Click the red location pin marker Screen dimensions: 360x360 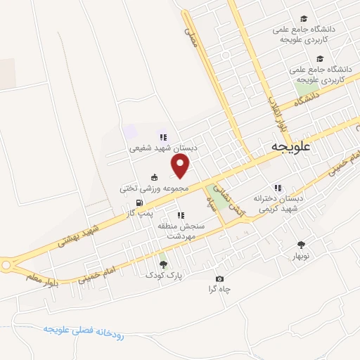click(x=181, y=167)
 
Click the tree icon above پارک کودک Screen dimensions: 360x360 click(x=164, y=264)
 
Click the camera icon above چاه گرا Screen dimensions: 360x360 click(x=219, y=279)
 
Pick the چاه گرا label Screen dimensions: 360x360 click(x=219, y=290)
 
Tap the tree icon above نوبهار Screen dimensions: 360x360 click(x=302, y=245)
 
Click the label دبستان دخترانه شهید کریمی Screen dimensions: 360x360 click(x=278, y=204)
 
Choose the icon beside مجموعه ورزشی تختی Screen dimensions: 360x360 click(x=154, y=177)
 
